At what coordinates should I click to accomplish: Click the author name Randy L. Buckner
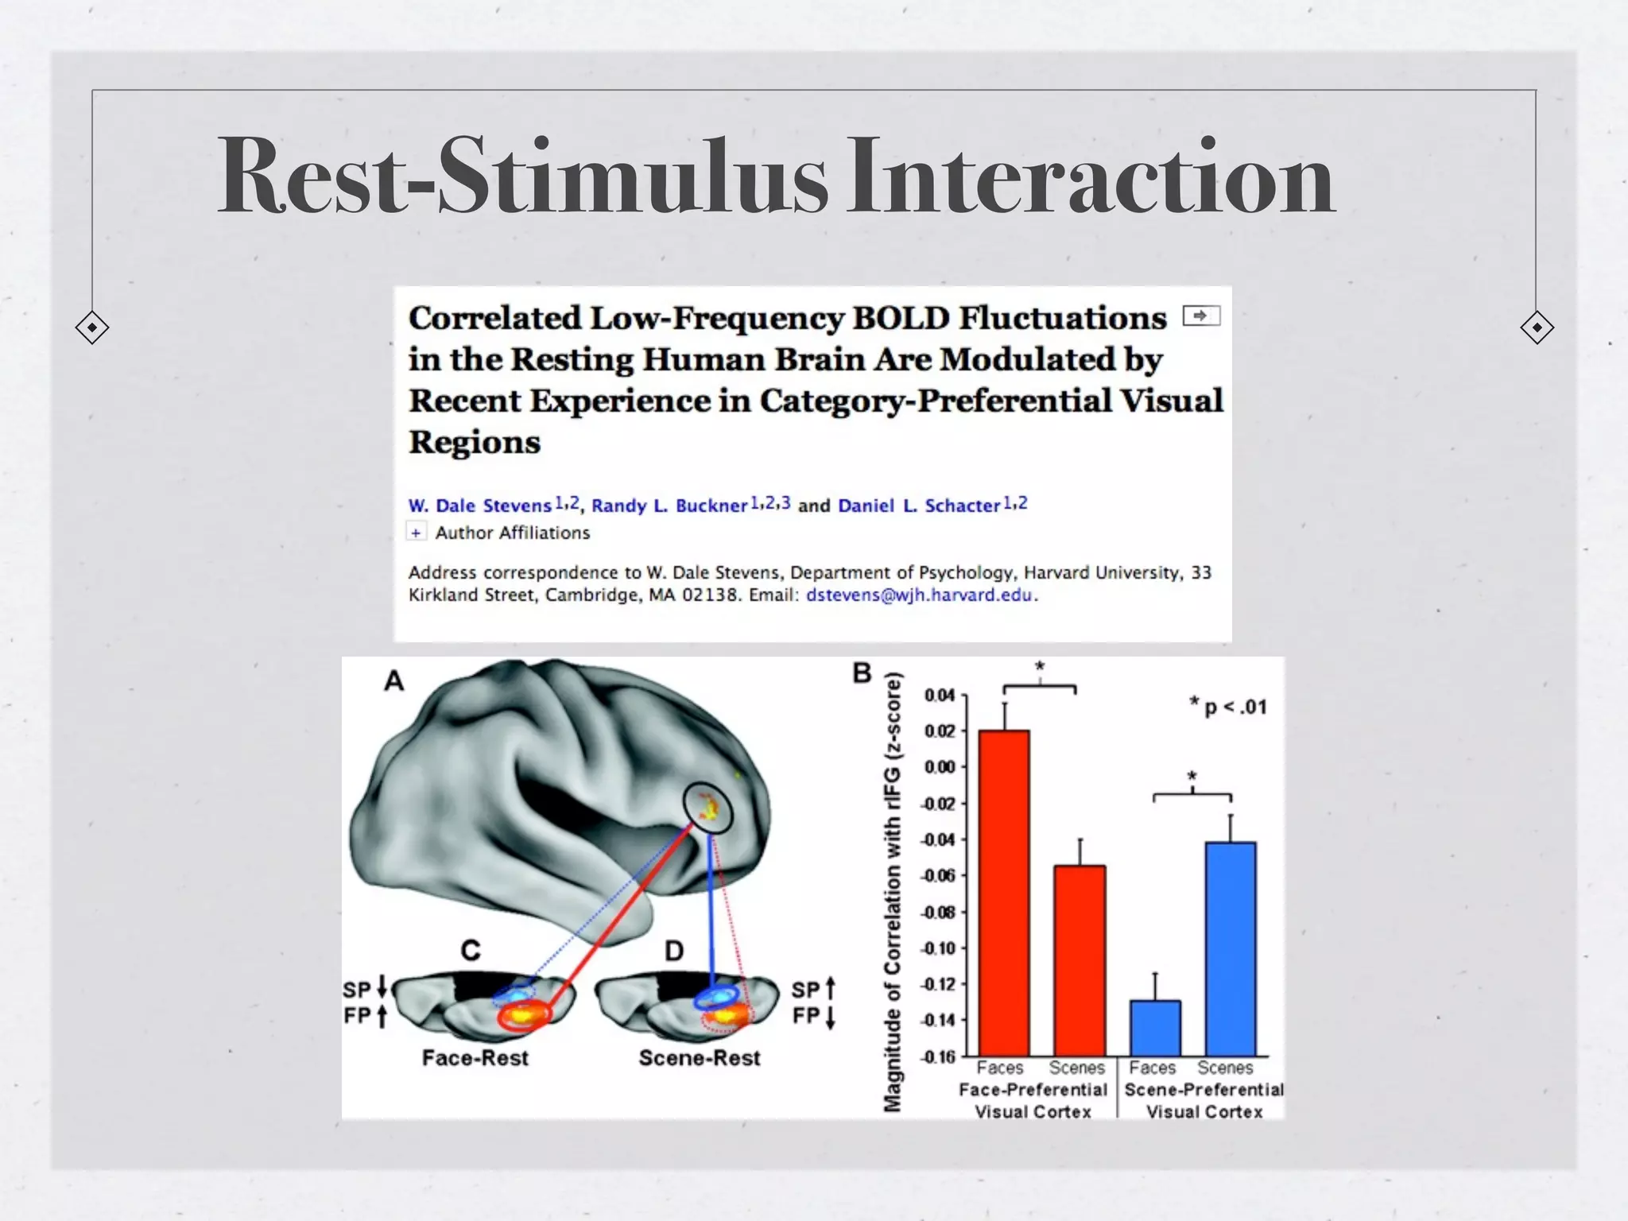click(x=669, y=506)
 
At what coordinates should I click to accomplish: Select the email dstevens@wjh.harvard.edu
click(x=920, y=595)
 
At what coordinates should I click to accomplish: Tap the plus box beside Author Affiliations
click(x=416, y=532)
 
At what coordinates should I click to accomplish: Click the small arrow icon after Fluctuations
click(x=1200, y=316)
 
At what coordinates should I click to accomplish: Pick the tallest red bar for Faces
click(x=1003, y=890)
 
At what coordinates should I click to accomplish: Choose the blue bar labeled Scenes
click(x=1230, y=948)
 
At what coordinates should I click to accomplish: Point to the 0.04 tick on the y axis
click(x=940, y=696)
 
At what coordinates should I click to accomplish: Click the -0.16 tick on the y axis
click(x=939, y=1056)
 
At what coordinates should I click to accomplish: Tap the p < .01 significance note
click(x=1228, y=706)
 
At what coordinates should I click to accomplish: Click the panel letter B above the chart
click(x=862, y=673)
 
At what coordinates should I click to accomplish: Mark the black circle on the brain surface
click(x=707, y=808)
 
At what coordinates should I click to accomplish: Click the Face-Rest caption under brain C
click(x=475, y=1058)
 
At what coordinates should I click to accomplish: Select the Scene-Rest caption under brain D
click(x=700, y=1058)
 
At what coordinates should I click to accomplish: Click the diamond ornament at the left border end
click(x=92, y=328)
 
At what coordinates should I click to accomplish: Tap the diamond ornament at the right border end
click(x=1536, y=328)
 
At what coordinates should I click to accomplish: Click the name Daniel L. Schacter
click(x=919, y=506)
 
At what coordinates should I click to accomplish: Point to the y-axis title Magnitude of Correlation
click(x=893, y=890)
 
